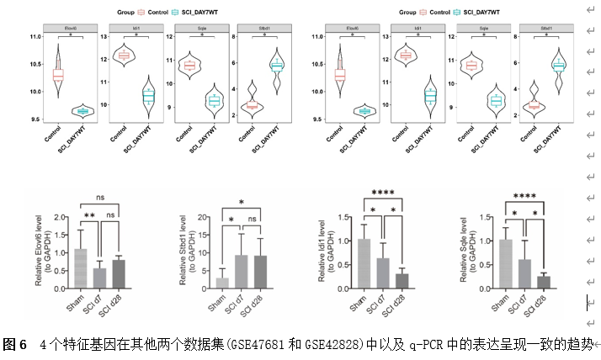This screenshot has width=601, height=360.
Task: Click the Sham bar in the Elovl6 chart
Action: (80, 269)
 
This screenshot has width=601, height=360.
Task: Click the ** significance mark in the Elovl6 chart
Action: (89, 215)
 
